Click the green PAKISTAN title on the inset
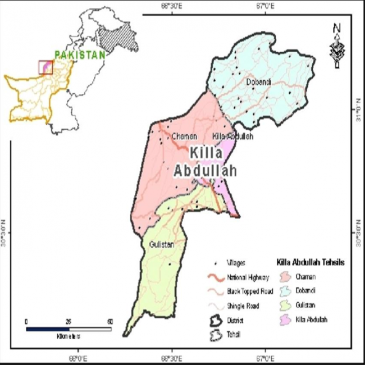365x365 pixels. pos(80,55)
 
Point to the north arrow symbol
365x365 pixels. pos(336,45)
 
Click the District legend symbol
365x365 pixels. pos(215,321)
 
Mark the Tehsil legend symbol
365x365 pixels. pos(215,334)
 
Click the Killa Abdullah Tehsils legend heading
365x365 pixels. pos(311,262)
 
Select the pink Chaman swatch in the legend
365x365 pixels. pos(286,277)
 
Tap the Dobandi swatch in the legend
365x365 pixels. pos(286,291)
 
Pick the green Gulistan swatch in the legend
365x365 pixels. pos(286,305)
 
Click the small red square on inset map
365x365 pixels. pos(45,67)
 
